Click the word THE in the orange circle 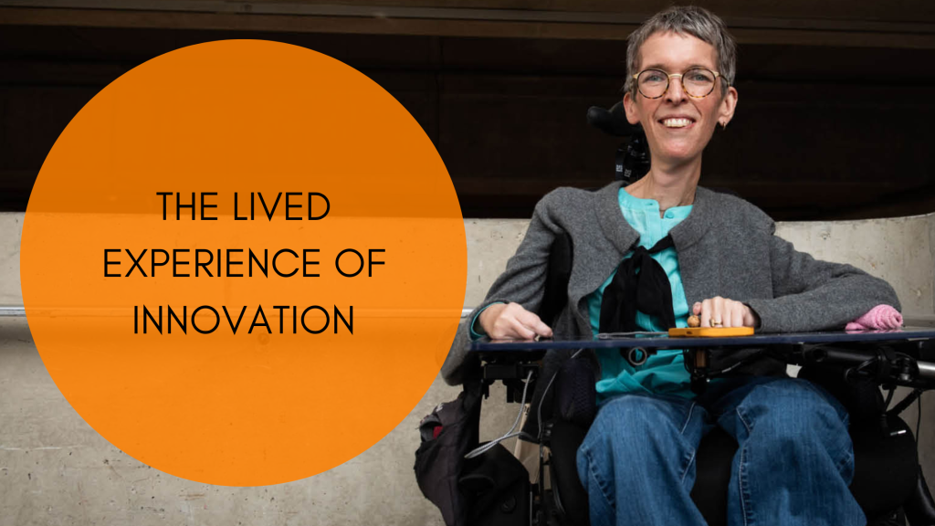pos(187,206)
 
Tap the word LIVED pos(281,206)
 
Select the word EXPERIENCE pos(212,263)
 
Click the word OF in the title pos(360,263)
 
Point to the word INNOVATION pos(243,320)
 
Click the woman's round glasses pos(678,83)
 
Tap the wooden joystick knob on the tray pos(694,321)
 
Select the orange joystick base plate pos(710,331)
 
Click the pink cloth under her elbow pos(874,319)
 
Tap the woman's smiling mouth pos(677,122)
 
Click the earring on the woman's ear pos(723,124)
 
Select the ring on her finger pos(716,323)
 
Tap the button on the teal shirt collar pos(661,211)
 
